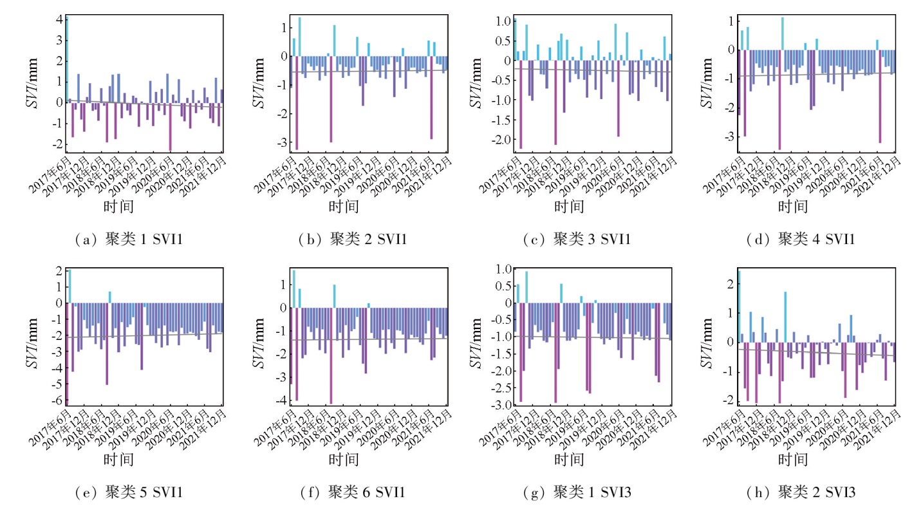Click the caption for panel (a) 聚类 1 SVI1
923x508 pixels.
tap(132, 240)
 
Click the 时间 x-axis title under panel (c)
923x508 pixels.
tap(569, 207)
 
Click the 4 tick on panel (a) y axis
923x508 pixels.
tap(59, 19)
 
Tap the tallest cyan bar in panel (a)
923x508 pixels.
tap(66, 58)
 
